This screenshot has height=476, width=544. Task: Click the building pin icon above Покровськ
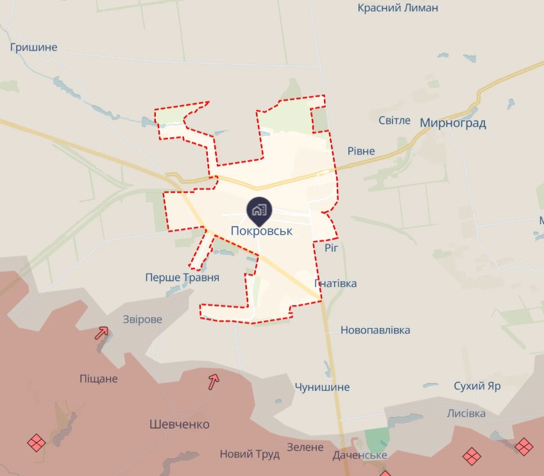tap(259, 209)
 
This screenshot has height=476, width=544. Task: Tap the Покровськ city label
tap(262, 231)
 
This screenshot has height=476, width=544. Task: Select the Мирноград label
tap(453, 122)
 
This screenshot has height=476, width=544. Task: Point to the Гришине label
tap(34, 47)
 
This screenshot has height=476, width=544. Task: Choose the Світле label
tap(395, 120)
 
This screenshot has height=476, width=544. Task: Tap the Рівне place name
tap(361, 151)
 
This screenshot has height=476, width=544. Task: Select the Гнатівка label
tap(336, 283)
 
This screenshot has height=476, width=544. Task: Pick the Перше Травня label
tap(182, 277)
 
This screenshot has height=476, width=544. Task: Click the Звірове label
tap(142, 319)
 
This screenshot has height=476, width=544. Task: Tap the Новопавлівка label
tap(375, 330)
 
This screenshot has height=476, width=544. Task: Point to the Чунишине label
tap(322, 387)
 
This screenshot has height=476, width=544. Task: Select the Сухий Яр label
tap(477, 386)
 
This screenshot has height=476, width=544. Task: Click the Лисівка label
tap(466, 413)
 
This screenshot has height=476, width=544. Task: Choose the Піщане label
tap(99, 379)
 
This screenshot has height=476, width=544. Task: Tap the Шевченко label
tap(179, 424)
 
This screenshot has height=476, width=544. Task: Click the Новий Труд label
tap(250, 454)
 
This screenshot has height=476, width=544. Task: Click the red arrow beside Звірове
tap(101, 332)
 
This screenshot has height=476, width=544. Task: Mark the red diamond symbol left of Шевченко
tap(37, 442)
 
